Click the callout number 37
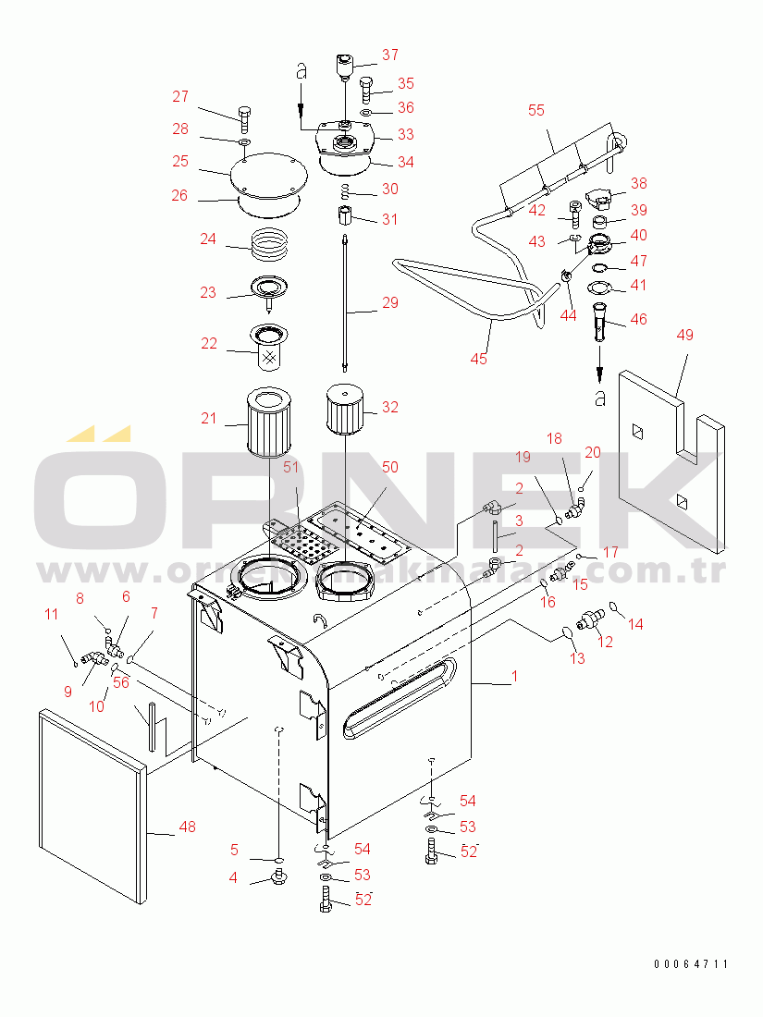(389, 55)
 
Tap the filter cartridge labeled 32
(344, 411)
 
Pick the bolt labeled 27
(244, 117)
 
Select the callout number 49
(684, 335)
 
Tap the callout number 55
(536, 110)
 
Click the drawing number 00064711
(691, 964)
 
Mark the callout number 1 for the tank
(515, 677)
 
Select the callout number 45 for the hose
(478, 359)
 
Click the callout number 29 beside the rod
(389, 302)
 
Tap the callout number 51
(291, 467)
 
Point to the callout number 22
(209, 344)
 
